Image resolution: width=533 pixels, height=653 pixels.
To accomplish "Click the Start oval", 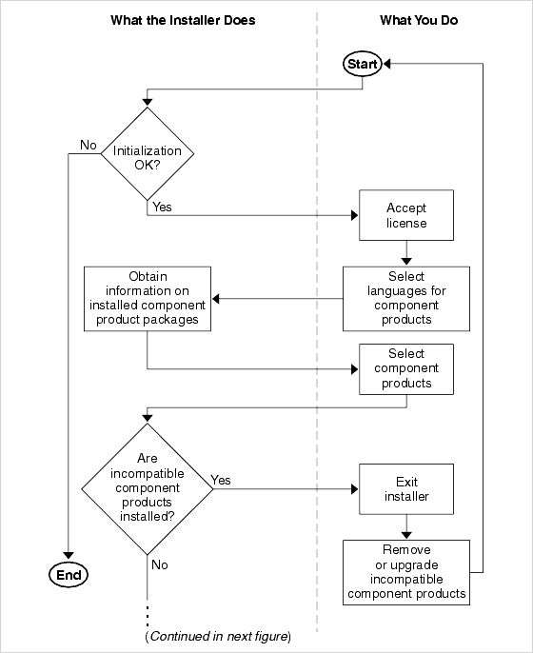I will point(363,64).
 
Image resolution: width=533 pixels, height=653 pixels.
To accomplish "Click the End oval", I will point(68,574).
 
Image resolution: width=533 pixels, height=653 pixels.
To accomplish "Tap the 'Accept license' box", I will point(406,215).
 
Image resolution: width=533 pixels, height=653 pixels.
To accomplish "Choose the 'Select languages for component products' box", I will point(406,298).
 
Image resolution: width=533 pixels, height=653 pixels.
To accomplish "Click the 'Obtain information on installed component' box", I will point(148,298).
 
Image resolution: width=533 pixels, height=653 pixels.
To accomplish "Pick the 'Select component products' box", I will point(406,368).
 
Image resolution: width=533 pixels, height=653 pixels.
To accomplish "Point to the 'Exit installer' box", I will point(406,489).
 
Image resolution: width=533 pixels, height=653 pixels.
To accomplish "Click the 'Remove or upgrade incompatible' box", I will point(406,572).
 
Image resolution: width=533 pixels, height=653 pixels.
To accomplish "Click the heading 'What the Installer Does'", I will point(183,20).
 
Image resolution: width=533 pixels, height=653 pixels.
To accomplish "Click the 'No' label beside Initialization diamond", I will point(89,145).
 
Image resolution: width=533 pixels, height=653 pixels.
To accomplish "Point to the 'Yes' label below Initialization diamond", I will point(162,207).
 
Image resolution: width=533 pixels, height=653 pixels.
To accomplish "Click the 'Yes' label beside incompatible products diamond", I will point(221,480).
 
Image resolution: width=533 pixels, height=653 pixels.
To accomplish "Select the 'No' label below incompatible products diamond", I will point(159,564).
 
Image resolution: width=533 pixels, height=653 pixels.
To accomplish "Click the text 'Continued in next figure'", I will point(218,636).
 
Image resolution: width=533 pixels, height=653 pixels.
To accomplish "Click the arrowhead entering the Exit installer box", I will point(352,489).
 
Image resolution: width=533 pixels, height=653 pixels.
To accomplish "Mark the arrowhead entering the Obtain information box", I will point(217,298).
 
